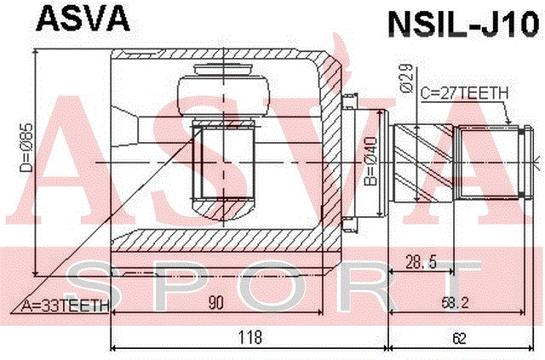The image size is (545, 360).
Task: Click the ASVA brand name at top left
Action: (x=83, y=19)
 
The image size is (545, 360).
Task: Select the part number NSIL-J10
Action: (x=464, y=25)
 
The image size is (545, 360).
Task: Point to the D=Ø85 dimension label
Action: (x=26, y=147)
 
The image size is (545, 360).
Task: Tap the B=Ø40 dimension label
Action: (x=371, y=161)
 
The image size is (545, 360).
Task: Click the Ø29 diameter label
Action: (x=407, y=78)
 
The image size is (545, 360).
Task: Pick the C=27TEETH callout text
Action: (x=464, y=93)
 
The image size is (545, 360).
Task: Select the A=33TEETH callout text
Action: (x=65, y=306)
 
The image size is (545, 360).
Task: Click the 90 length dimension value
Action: (x=215, y=302)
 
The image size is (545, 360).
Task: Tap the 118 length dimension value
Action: (x=250, y=337)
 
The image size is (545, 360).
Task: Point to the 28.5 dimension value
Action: (x=421, y=261)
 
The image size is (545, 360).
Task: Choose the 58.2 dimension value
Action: (x=456, y=303)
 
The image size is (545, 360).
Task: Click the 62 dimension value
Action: (x=459, y=338)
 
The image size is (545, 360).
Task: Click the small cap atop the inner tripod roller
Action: (x=223, y=70)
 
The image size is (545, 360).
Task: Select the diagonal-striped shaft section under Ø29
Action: (x=423, y=163)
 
